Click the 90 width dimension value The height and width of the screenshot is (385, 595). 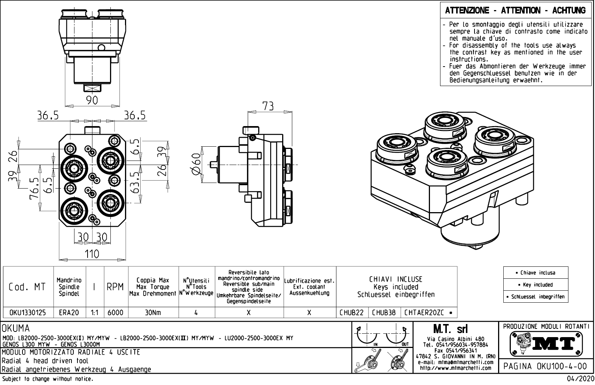tap(92, 100)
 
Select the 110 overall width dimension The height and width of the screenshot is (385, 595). tap(92, 254)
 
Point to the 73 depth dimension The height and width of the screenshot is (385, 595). tap(268, 106)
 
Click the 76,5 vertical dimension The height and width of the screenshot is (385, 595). tap(34, 189)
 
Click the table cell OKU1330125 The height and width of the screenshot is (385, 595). tap(28, 312)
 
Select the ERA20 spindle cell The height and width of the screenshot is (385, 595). tap(69, 312)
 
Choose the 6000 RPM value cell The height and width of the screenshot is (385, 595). tap(116, 312)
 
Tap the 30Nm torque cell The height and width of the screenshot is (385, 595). tap(153, 312)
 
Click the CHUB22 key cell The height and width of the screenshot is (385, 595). tap(352, 312)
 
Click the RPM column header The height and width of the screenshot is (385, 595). tap(115, 287)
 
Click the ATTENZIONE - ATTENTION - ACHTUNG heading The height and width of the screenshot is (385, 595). tap(515, 10)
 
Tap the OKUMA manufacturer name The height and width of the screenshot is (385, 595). tap(16, 329)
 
